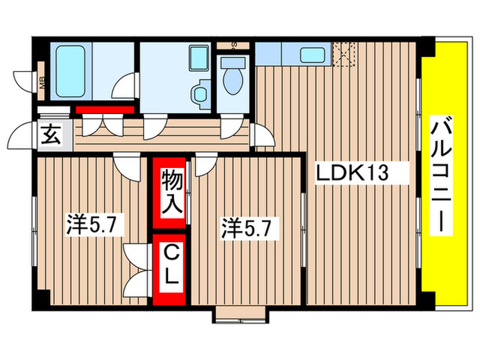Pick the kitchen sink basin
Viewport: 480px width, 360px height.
point(313,54)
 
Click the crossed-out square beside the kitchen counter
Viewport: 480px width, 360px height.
point(344,53)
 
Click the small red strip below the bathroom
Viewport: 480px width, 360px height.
point(104,109)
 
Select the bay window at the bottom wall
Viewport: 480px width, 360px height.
point(239,315)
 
